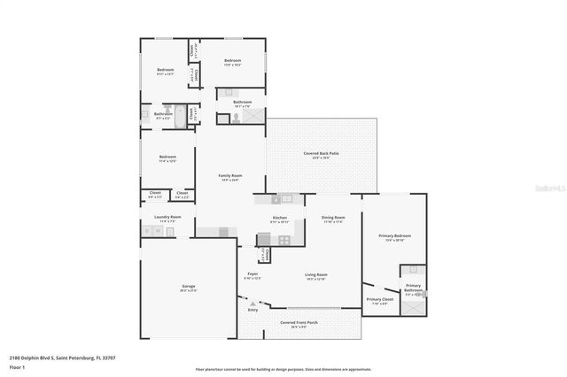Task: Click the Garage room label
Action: (x=189, y=287)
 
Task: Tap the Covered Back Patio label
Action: (x=322, y=153)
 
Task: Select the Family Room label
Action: (x=230, y=176)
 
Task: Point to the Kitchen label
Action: (x=280, y=218)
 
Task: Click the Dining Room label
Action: (x=333, y=218)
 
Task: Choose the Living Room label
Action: (x=316, y=275)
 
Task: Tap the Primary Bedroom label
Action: (x=393, y=236)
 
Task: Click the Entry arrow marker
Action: (x=252, y=304)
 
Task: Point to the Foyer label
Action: (x=252, y=275)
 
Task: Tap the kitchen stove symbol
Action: (x=284, y=239)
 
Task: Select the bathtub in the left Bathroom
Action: (x=181, y=115)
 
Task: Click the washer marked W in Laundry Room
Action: (x=158, y=232)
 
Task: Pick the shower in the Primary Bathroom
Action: (x=413, y=307)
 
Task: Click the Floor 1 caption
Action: (x=17, y=366)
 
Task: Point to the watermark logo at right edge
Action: (x=554, y=188)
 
